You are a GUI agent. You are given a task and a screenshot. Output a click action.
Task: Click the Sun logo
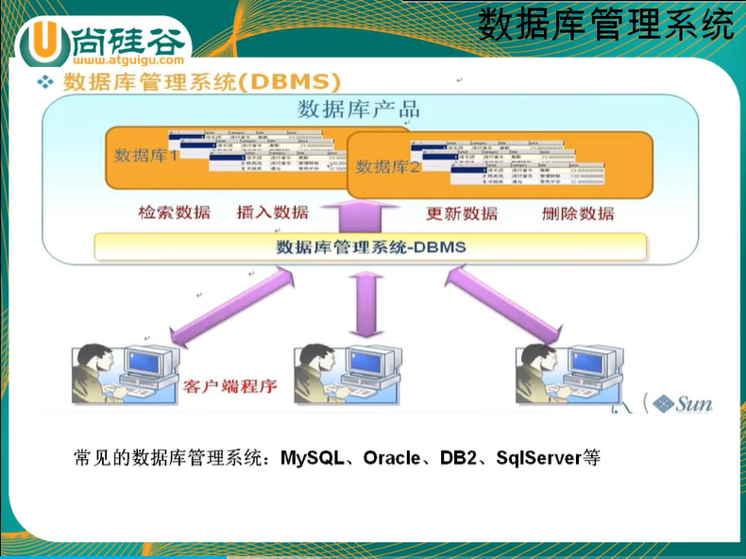coord(682,404)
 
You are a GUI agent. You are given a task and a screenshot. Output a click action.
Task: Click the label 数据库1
coord(146,155)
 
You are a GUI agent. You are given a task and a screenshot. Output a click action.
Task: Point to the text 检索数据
coord(175,212)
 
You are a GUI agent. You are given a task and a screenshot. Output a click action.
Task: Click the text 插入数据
coord(272,212)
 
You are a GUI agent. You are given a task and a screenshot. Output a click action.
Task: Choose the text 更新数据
coord(462,213)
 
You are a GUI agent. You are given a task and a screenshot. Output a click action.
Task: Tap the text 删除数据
coord(578,213)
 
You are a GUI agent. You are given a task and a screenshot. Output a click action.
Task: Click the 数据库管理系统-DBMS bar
coord(370,247)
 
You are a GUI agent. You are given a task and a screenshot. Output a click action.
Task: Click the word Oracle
coord(391,459)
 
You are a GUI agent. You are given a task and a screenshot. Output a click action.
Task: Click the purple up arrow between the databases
coord(358,212)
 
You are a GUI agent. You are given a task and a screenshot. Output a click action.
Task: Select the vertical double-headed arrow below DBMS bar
coord(365,302)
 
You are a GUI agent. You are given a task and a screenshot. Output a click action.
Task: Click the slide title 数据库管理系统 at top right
coord(605,24)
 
